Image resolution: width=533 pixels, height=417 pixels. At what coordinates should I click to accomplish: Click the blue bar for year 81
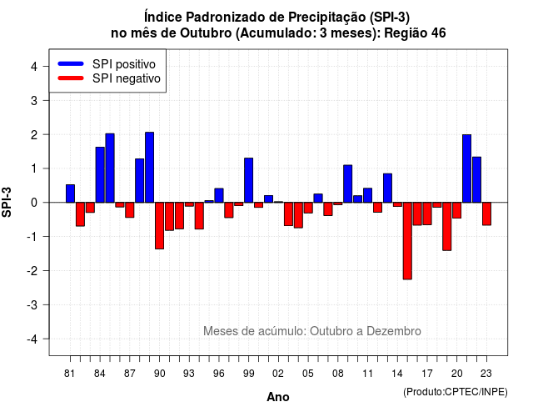pyautogui.click(x=70, y=193)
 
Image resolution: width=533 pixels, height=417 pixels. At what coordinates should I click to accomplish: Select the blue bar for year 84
pyautogui.click(x=100, y=174)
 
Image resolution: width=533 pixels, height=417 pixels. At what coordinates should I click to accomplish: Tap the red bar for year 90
pyautogui.click(x=159, y=226)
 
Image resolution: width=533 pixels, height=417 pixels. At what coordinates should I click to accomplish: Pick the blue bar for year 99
pyautogui.click(x=248, y=180)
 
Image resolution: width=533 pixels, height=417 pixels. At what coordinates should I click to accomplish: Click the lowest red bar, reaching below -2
pyautogui.click(x=407, y=241)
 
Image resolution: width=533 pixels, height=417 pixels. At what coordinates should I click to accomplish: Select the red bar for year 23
pyautogui.click(x=486, y=214)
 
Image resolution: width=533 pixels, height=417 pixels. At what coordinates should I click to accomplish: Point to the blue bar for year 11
pyautogui.click(x=367, y=195)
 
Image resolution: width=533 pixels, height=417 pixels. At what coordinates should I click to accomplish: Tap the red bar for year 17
pyautogui.click(x=427, y=214)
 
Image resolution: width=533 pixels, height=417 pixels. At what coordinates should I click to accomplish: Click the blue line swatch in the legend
pyautogui.click(x=71, y=63)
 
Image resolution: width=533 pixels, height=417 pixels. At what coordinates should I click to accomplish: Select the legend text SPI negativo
pyautogui.click(x=127, y=78)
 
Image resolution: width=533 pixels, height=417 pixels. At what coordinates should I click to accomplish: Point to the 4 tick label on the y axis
pyautogui.click(x=34, y=67)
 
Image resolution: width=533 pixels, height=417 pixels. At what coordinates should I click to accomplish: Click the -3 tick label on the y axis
pyautogui.click(x=32, y=305)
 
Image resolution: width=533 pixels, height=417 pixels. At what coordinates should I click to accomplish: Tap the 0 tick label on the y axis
pyautogui.click(x=34, y=203)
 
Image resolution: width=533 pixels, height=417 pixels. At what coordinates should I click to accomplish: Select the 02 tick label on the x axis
pyautogui.click(x=278, y=374)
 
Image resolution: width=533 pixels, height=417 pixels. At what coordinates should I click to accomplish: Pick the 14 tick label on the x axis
pyautogui.click(x=397, y=374)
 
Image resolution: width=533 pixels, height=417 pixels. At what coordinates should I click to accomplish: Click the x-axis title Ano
pyautogui.click(x=278, y=397)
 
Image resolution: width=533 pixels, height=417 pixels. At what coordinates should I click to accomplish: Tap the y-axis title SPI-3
pyautogui.click(x=7, y=202)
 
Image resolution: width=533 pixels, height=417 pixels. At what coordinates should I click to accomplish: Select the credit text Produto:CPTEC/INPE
pyautogui.click(x=456, y=392)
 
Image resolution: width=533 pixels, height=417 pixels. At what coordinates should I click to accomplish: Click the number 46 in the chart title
pyautogui.click(x=439, y=33)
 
